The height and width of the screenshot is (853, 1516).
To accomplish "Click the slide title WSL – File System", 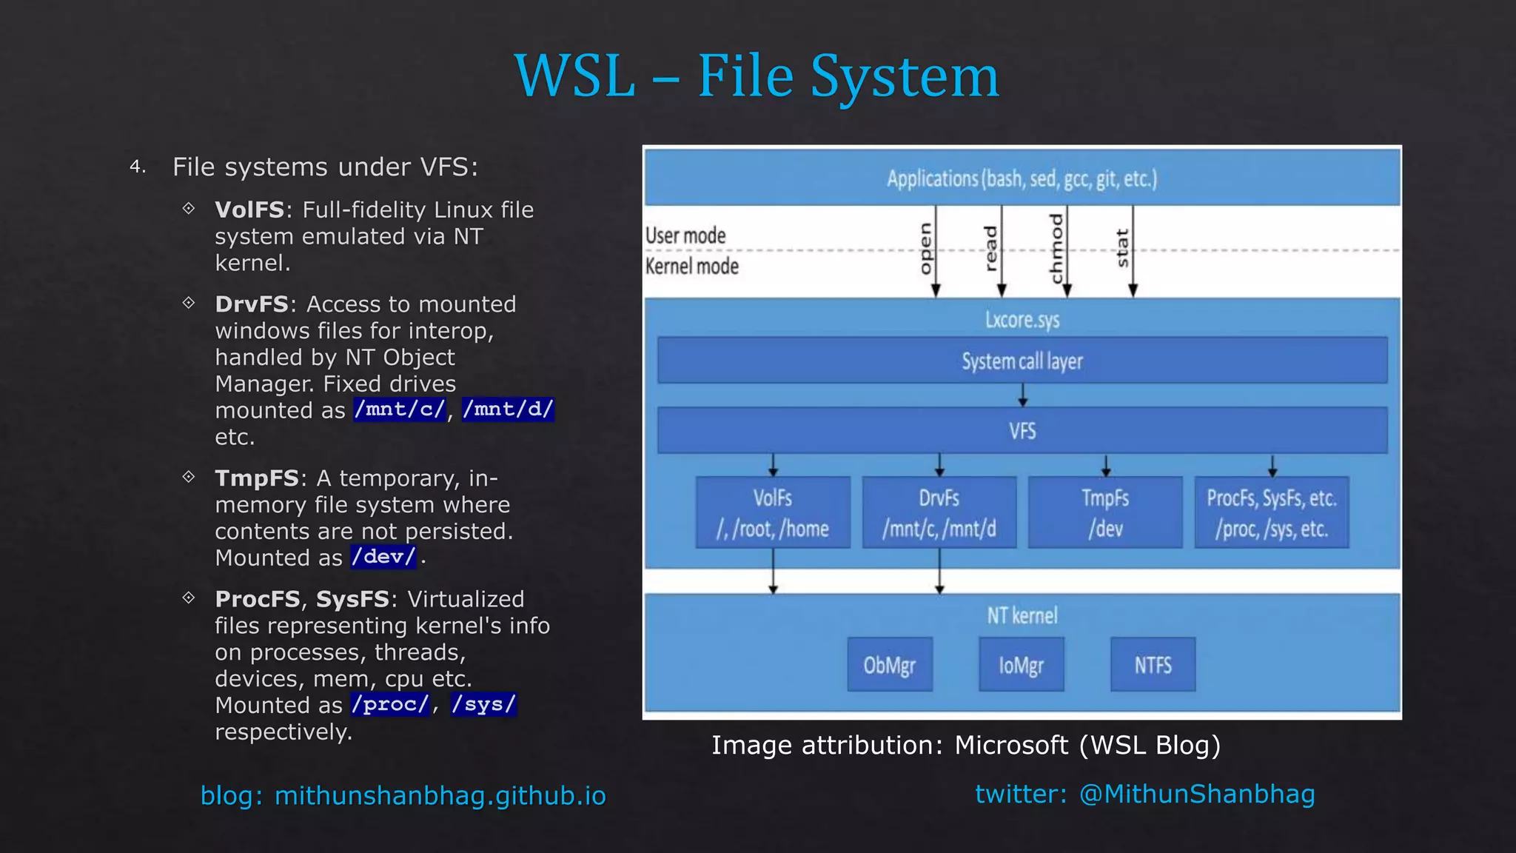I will coord(757,76).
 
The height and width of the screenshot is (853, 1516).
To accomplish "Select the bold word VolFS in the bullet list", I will coord(249,210).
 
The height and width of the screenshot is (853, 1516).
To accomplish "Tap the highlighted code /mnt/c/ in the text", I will coord(400,409).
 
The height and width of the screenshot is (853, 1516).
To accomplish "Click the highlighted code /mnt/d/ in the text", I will coord(508,409).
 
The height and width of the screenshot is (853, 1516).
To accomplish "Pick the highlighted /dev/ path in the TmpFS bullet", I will coord(383,557).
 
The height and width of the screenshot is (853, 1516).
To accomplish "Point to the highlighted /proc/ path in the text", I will coord(390,704).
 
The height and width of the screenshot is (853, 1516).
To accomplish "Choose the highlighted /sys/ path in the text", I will coord(483,704).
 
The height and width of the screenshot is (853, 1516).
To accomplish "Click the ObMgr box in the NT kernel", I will coord(889,665).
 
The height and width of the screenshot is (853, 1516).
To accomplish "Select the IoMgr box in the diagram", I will coord(1021,665).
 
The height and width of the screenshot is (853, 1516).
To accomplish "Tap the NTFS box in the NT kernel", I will coord(1153,665).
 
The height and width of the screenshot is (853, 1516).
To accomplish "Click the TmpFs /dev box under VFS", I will coord(1104,512).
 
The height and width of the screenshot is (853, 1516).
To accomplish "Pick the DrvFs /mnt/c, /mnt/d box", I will coord(939,512).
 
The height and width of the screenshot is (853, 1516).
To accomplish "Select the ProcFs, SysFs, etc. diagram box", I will coord(1271,512).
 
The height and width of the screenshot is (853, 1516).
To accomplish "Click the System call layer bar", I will coord(1022,361).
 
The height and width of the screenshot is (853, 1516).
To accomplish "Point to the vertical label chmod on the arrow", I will coord(1056,249).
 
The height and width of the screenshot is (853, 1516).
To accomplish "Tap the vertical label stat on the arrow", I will coord(1122,248).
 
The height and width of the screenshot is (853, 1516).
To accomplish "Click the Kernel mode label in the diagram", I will coord(691,267).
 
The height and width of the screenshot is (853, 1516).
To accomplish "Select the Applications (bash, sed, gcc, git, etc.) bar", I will coord(1022,178).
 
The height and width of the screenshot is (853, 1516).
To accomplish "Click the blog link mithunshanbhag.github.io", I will coord(440,796).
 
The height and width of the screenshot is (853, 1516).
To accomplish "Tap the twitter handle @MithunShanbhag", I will coord(1196,794).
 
